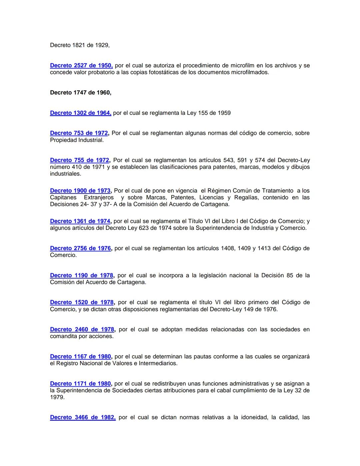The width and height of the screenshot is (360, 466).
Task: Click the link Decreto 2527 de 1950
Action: (x=81, y=66)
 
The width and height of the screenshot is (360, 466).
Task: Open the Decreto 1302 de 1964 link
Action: (x=80, y=113)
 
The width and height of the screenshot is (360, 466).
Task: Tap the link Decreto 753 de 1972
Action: (x=79, y=133)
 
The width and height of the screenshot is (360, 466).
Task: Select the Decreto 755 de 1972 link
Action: (x=79, y=160)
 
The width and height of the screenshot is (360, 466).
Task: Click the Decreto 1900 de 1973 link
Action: (x=80, y=191)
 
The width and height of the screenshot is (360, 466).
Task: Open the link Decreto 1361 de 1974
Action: (x=80, y=221)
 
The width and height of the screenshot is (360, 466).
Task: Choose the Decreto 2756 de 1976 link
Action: (x=80, y=249)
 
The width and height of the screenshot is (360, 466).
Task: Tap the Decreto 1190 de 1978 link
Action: (x=82, y=276)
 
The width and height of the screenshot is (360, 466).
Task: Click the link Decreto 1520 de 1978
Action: (x=82, y=303)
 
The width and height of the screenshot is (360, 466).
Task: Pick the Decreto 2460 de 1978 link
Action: (x=82, y=330)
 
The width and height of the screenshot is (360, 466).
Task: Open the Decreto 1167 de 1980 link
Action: (x=80, y=357)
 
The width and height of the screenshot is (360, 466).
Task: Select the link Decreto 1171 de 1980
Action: (x=80, y=384)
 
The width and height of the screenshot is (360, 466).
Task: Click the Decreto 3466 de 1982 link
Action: (x=83, y=417)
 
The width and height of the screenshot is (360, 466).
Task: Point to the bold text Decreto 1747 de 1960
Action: (x=80, y=93)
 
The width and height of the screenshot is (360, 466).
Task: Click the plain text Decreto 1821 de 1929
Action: (x=80, y=45)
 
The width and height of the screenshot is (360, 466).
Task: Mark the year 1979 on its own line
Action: (x=57, y=397)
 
